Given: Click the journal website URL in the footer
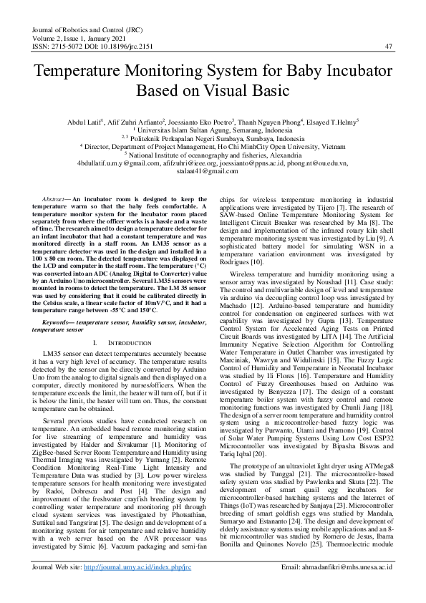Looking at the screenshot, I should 137,587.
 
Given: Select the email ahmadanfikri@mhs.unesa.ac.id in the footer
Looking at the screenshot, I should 346,587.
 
